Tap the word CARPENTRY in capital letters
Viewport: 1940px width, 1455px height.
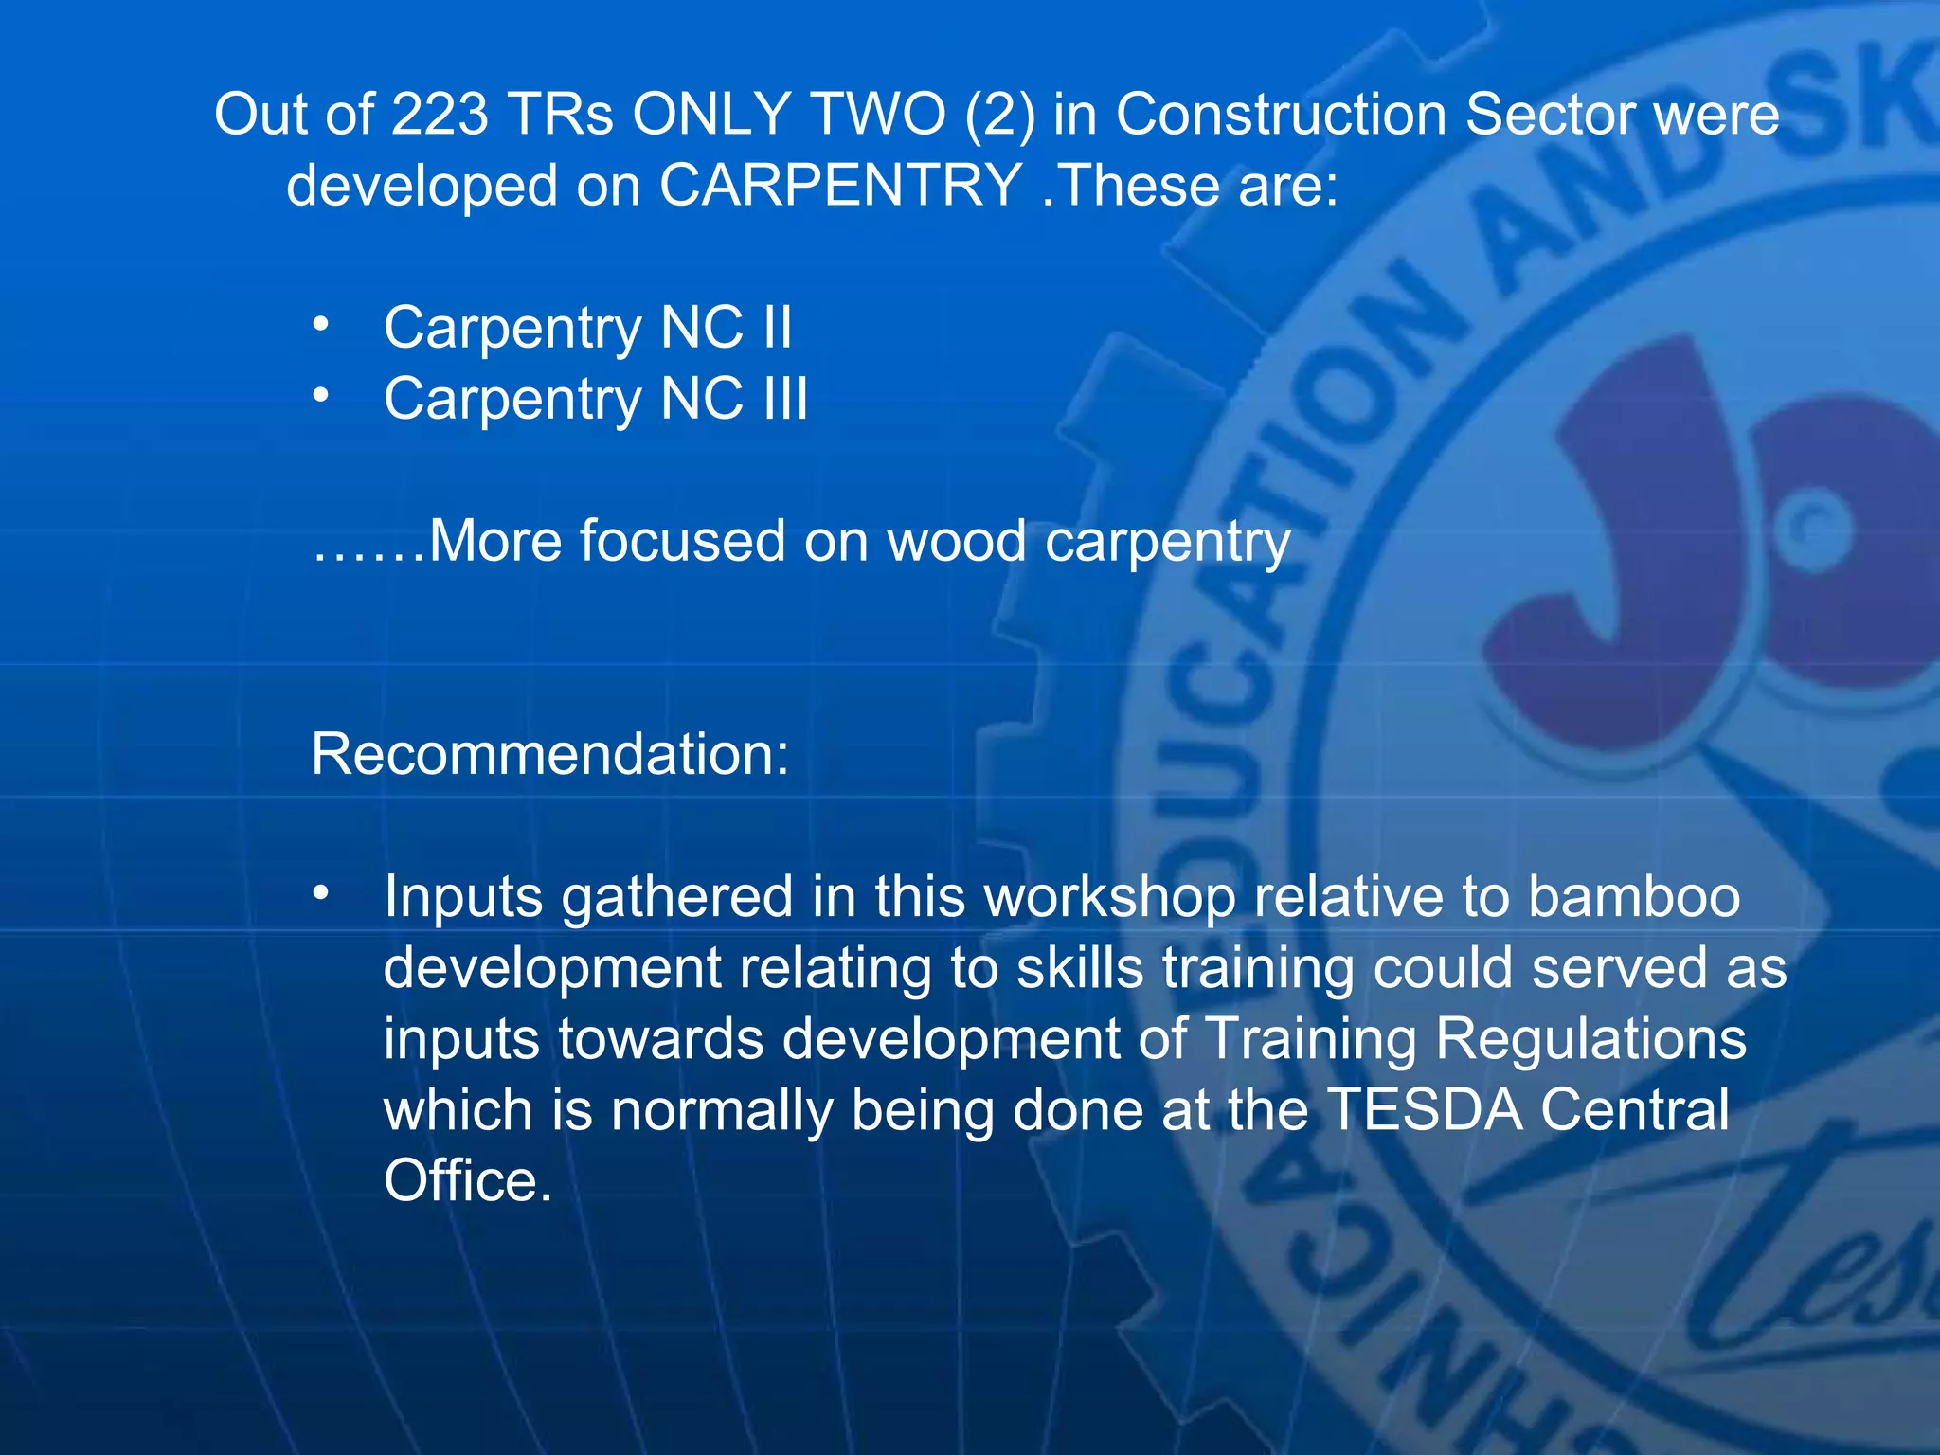[x=839, y=185]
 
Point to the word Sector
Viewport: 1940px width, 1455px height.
[x=1550, y=115]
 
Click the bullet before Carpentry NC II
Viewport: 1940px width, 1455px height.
[x=321, y=325]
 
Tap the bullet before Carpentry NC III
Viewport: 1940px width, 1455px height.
[x=321, y=396]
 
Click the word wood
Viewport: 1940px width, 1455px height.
[x=957, y=541]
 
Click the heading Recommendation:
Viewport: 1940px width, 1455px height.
[x=549, y=754]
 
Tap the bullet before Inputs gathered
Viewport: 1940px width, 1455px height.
[x=321, y=892]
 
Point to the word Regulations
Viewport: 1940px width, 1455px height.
[x=1590, y=1038]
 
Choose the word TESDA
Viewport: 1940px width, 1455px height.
[x=1424, y=1109]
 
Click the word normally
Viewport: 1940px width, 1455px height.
[x=721, y=1109]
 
